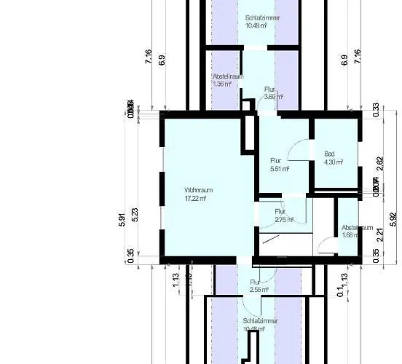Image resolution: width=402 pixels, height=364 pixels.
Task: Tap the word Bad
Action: pyautogui.click(x=329, y=154)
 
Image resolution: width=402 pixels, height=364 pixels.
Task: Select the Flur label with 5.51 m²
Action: pyautogui.click(x=276, y=160)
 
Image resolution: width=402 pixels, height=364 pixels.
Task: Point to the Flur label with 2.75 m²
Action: pyautogui.click(x=280, y=212)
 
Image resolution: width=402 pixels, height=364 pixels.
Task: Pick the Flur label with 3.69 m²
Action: pyautogui.click(x=269, y=90)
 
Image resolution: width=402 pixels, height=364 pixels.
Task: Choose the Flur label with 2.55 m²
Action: pyautogui.click(x=255, y=282)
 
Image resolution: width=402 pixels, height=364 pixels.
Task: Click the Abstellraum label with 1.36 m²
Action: pyautogui.click(x=228, y=76)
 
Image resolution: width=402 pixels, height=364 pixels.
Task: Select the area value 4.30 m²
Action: pyautogui.click(x=333, y=162)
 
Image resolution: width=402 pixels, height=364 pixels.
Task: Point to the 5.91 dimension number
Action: pyautogui.click(x=122, y=219)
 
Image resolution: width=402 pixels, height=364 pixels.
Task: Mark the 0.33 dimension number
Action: pyautogui.click(x=377, y=110)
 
